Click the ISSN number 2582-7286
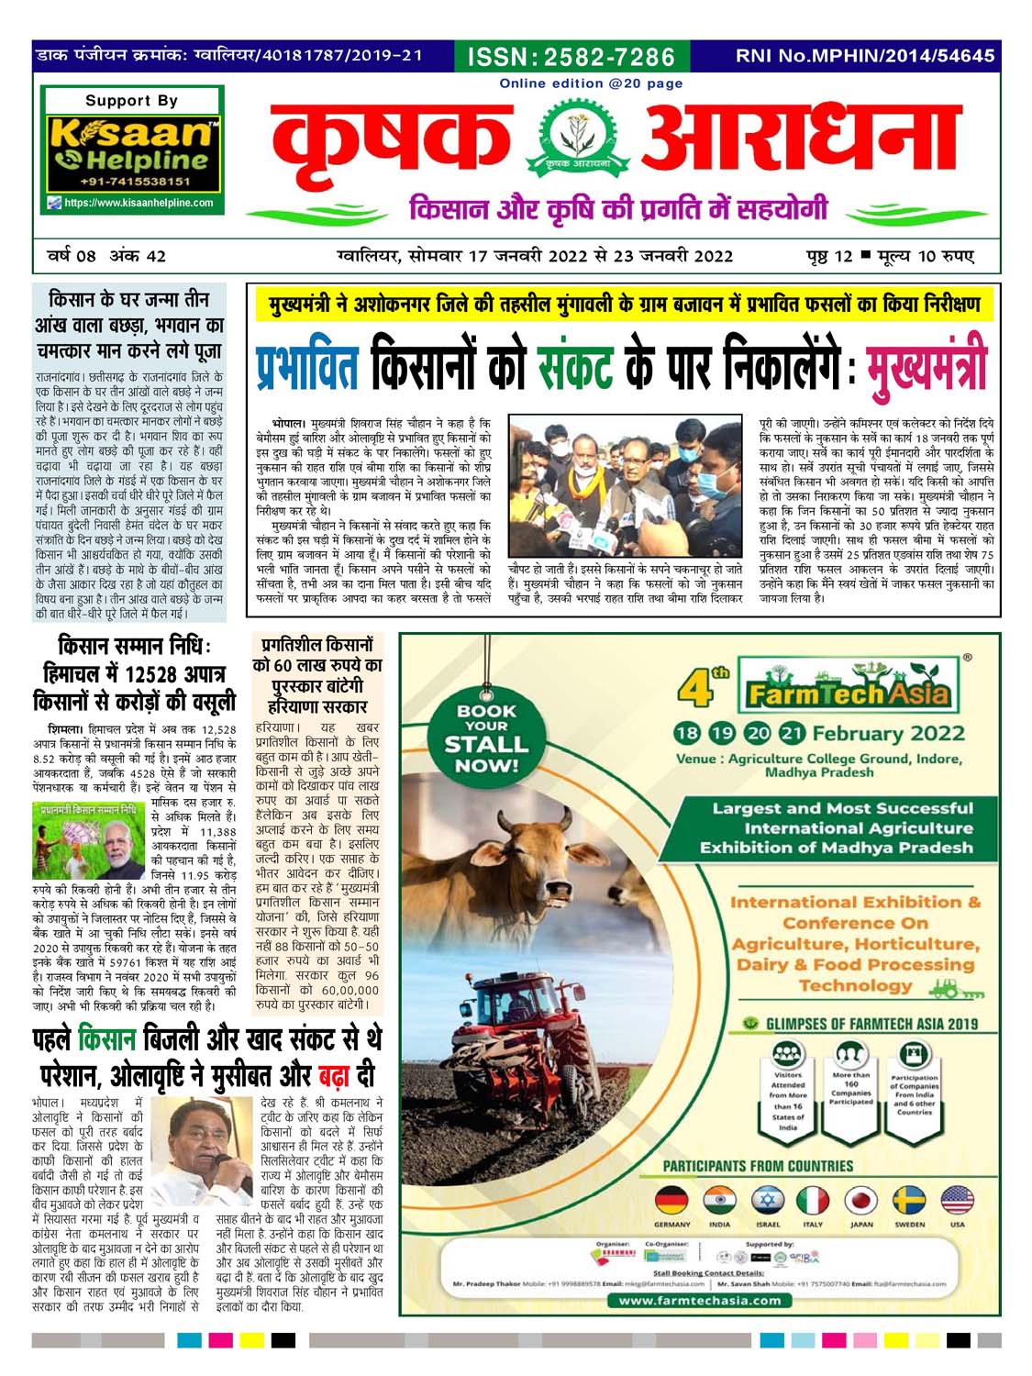(x=571, y=57)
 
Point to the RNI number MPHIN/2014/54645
(x=864, y=56)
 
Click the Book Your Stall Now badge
(x=486, y=738)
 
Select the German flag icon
(x=672, y=1199)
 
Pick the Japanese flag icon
(x=861, y=1199)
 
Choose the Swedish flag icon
(x=909, y=1199)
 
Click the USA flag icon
(x=957, y=1199)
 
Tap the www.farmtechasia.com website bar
(x=699, y=1300)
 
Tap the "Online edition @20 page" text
(x=591, y=83)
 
